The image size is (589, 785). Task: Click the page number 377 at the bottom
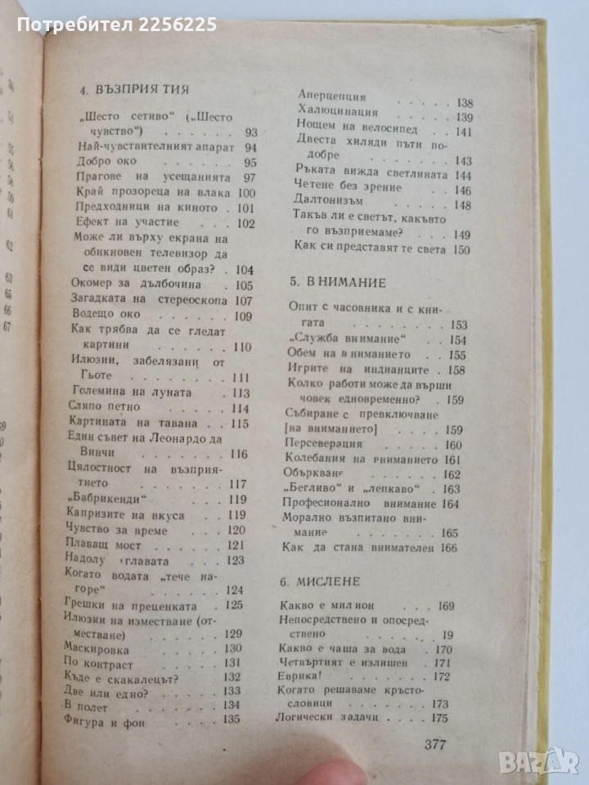coord(442,745)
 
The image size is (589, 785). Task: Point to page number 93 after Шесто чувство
coord(250,132)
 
